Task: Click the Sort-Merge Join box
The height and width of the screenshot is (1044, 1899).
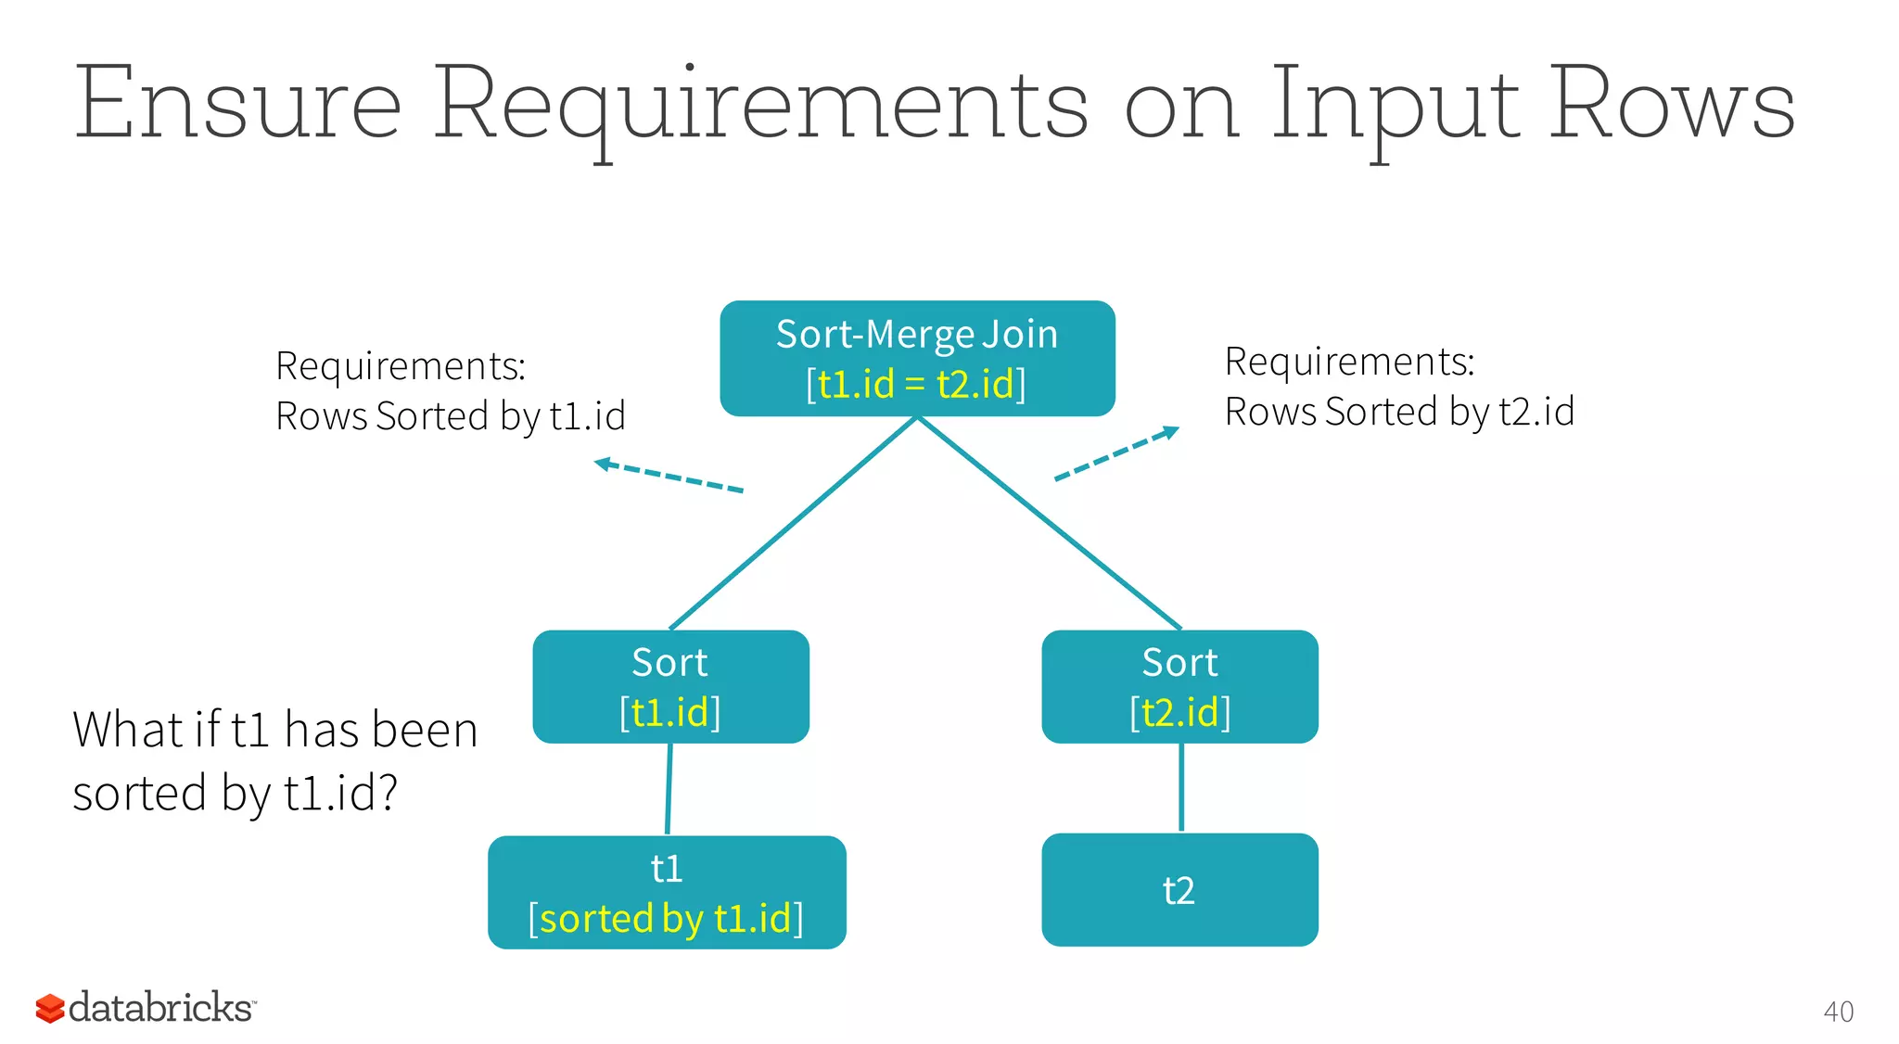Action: [917, 358]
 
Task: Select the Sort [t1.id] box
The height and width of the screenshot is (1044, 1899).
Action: [670, 686]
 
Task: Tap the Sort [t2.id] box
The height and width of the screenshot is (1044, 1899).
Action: [1179, 686]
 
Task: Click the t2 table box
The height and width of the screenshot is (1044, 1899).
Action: [1179, 889]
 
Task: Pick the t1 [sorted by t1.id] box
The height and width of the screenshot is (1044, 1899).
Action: [667, 892]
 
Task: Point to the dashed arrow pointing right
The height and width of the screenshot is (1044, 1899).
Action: [1116, 454]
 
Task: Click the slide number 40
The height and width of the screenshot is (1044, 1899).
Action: [1838, 1012]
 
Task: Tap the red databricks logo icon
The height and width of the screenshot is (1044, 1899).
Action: [49, 1008]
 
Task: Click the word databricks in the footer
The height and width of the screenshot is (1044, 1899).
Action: [160, 1008]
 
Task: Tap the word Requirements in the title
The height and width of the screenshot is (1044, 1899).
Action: [760, 104]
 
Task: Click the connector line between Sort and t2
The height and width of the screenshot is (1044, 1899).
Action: [1180, 787]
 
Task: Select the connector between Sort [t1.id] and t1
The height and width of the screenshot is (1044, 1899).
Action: [669, 788]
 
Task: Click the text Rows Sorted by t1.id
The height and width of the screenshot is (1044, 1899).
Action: [451, 416]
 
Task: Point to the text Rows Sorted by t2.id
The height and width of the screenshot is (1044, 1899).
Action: [1399, 412]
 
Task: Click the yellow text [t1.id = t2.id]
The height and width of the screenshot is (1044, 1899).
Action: [916, 384]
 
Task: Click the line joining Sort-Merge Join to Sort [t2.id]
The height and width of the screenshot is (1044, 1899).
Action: [1048, 522]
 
